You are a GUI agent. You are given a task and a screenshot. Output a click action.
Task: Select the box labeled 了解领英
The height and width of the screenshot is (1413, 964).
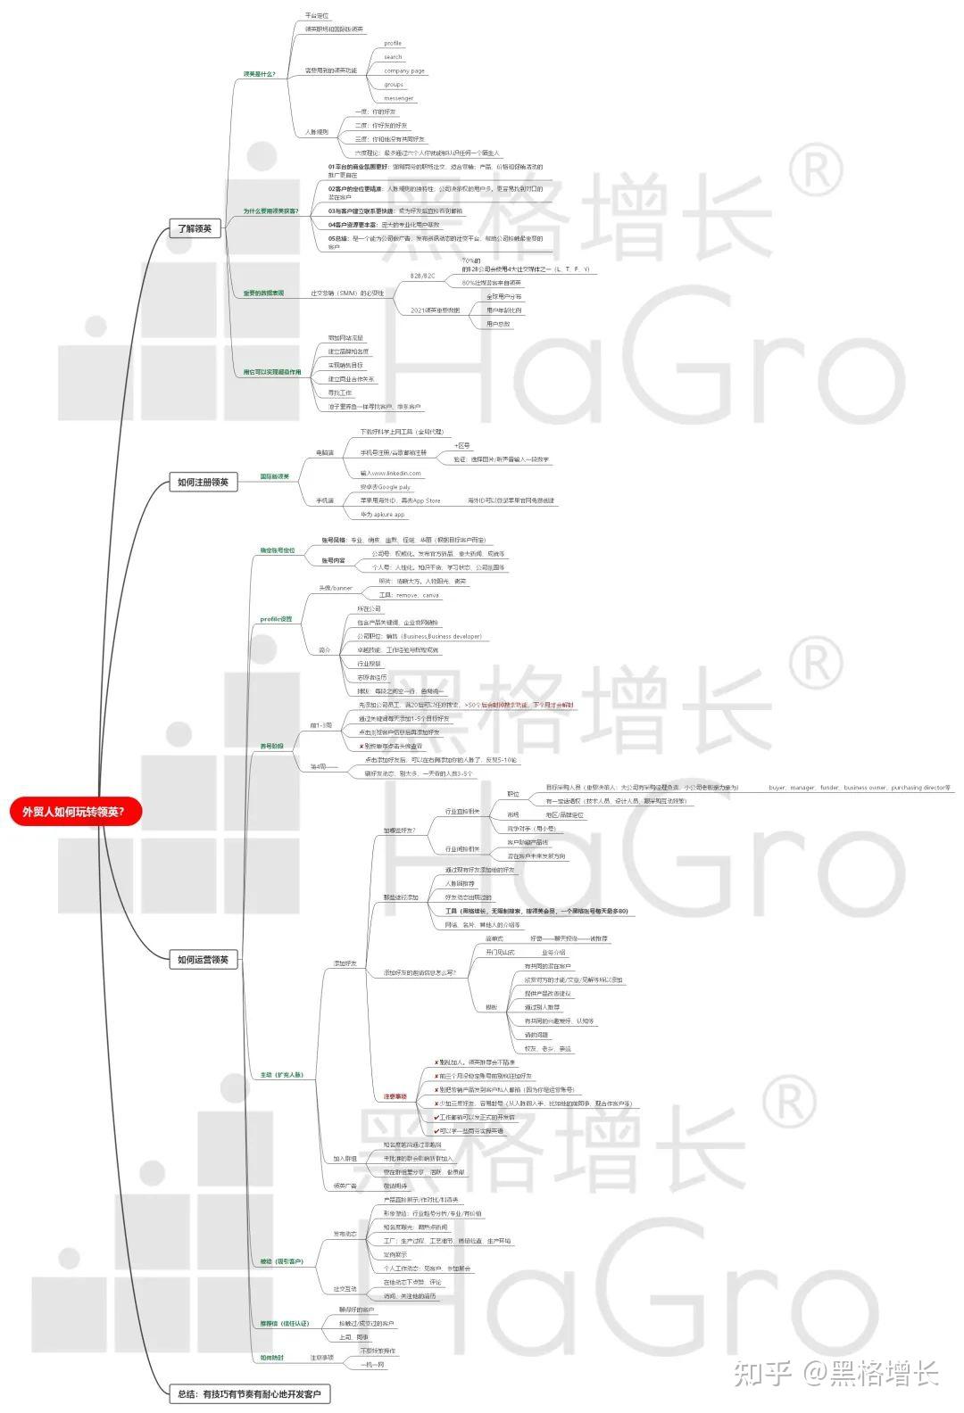pyautogui.click(x=195, y=228)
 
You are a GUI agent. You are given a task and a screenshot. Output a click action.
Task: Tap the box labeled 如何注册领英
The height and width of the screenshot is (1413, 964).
pyautogui.click(x=203, y=483)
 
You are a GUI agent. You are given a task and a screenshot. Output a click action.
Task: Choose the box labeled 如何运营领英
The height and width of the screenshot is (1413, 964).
pyautogui.click(x=203, y=959)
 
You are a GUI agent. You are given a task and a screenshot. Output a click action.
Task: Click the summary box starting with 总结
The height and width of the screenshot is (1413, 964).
pyautogui.click(x=249, y=1392)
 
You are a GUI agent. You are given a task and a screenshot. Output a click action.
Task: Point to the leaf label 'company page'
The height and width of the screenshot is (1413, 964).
pyautogui.click(x=404, y=70)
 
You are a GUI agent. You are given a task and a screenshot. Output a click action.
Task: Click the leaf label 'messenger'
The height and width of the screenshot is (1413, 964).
pyautogui.click(x=398, y=98)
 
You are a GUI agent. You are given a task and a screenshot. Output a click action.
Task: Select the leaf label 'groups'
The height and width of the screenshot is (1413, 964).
pyautogui.click(x=394, y=85)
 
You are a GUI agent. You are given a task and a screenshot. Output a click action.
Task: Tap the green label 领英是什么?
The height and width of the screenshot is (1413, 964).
pyautogui.click(x=260, y=74)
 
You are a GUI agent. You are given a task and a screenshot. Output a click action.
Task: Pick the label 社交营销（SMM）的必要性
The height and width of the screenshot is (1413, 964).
pyautogui.click(x=347, y=293)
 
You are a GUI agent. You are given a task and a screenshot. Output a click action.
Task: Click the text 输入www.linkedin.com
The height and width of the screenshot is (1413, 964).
pyautogui.click(x=390, y=473)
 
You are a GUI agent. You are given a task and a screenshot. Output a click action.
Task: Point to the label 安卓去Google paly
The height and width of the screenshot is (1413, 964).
pyautogui.click(x=385, y=487)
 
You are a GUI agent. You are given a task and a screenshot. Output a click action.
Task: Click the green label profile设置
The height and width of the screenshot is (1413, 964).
pyautogui.click(x=276, y=618)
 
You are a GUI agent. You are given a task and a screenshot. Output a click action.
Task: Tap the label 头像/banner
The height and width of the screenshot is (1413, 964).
pyautogui.click(x=336, y=588)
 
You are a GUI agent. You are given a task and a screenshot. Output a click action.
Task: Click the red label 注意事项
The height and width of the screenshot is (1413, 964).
pyautogui.click(x=395, y=1095)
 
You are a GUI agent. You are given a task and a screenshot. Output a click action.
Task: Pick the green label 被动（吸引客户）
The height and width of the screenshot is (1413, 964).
pyautogui.click(x=281, y=1261)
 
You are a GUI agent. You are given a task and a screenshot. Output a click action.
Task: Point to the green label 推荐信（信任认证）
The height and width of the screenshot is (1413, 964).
pyautogui.click(x=284, y=1323)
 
